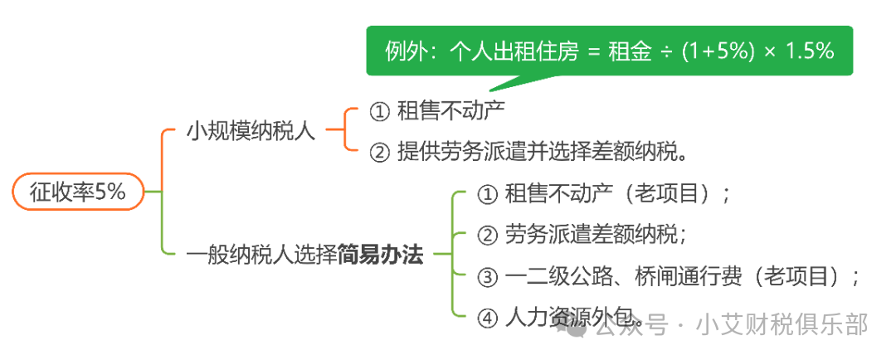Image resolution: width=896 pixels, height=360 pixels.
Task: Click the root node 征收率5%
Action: point(78,192)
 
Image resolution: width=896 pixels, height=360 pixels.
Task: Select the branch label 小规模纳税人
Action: point(251,131)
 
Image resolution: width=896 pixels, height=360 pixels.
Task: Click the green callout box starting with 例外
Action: point(609,51)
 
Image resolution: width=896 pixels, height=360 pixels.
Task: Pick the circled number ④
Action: point(488,318)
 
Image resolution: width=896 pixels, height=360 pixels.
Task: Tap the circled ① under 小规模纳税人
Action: point(378,111)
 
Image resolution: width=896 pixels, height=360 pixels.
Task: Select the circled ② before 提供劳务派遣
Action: point(378,153)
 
